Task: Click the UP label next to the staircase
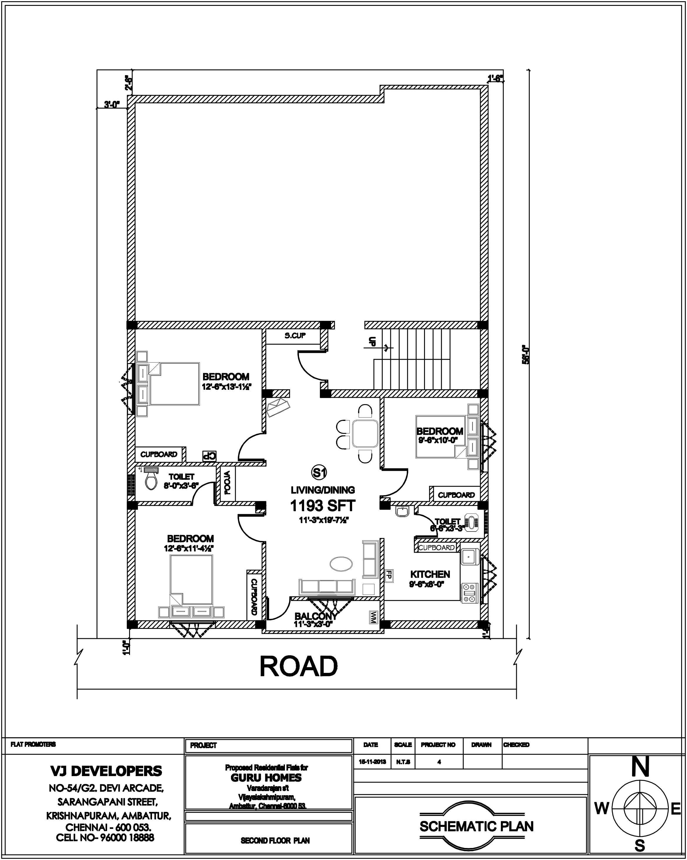372,341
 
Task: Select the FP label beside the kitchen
388,575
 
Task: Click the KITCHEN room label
430,574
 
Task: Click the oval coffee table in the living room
341,564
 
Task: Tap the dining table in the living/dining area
365,433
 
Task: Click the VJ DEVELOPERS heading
106,771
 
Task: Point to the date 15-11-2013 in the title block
372,761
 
